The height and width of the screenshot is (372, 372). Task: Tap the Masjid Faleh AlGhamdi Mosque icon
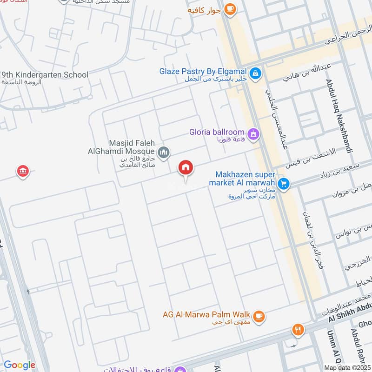[164, 152]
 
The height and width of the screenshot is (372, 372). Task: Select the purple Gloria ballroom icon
[253, 134]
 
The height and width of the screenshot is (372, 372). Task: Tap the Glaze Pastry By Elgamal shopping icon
[255, 73]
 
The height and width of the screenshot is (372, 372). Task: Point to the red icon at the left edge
[21, 171]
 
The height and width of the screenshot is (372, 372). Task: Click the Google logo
[19, 365]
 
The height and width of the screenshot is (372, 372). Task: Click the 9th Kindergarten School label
[45, 74]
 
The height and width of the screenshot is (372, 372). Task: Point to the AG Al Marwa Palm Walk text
[207, 315]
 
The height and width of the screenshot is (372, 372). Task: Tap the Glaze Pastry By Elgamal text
[204, 71]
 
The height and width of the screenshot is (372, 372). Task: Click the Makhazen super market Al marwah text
[245, 179]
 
